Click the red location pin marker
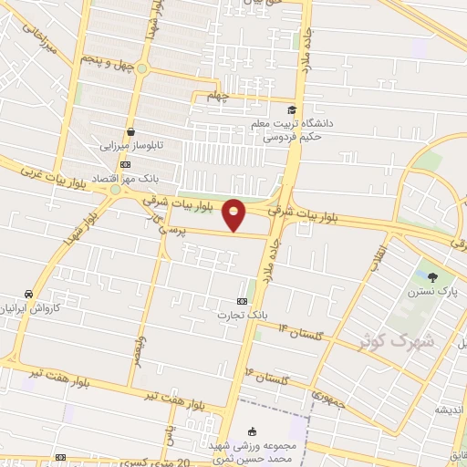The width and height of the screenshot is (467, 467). pyautogui.click(x=235, y=214)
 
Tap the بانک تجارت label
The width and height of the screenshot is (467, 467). pyautogui.click(x=233, y=316)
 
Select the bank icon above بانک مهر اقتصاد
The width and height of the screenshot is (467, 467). pyautogui.click(x=125, y=164)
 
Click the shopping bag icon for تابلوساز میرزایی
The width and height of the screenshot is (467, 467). pyautogui.click(x=131, y=130)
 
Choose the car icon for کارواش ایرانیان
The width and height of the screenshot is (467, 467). pyautogui.click(x=30, y=294)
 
